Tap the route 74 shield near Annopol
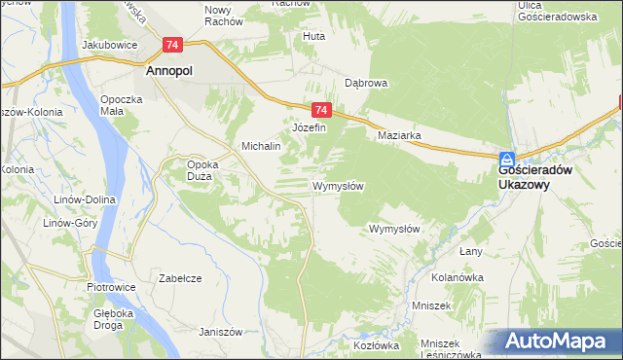pyautogui.click(x=172, y=45)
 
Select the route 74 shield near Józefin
pyautogui.click(x=322, y=111)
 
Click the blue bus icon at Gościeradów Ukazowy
pyautogui.click(x=508, y=159)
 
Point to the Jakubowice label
pyautogui.click(x=107, y=45)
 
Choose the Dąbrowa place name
pyautogui.click(x=366, y=84)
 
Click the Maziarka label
pyautogui.click(x=399, y=136)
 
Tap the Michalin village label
pyautogui.click(x=261, y=146)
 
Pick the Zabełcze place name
pyautogui.click(x=180, y=278)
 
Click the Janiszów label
pyautogui.click(x=220, y=332)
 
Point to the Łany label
pyautogui.click(x=471, y=252)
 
